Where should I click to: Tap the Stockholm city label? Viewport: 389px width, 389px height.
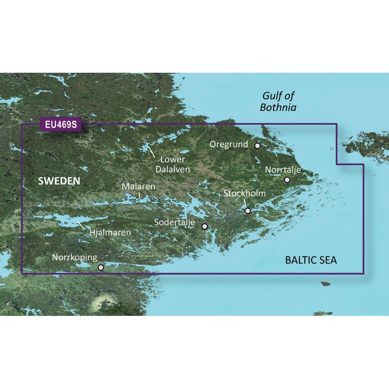pos(245,193)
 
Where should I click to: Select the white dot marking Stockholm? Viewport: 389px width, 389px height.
pos(248,211)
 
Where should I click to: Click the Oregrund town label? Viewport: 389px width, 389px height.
pos(229,145)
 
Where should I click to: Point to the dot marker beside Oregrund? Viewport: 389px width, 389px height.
pos(257,145)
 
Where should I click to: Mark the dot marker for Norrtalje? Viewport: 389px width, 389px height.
pos(287,180)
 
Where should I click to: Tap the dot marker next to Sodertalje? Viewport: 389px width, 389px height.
pos(205,226)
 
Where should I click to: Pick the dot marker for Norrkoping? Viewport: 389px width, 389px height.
pos(101,267)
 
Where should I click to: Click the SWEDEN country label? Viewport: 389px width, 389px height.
pos(59,181)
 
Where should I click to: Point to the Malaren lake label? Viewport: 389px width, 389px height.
pos(138,187)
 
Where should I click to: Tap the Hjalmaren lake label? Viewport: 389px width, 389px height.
pos(110,233)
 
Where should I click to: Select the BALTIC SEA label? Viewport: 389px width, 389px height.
pos(311,260)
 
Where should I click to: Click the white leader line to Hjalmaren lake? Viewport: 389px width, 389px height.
pos(82,225)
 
